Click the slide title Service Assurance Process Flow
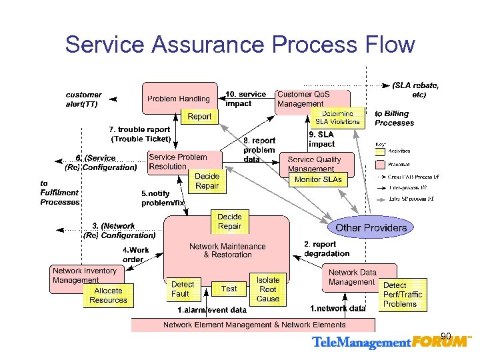(240, 45)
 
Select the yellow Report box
(199, 117)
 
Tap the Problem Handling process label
(178, 99)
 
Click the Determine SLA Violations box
(338, 117)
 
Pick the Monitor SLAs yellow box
(318, 179)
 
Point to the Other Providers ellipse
(371, 227)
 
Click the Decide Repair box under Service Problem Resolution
(207, 181)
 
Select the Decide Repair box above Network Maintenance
(229, 221)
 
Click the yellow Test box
(229, 289)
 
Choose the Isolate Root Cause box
(268, 289)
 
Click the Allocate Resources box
(108, 295)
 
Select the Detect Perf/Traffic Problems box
(403, 295)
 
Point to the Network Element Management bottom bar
(254, 325)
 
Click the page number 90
(446, 335)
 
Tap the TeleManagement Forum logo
(391, 343)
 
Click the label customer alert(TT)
(83, 99)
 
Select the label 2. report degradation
(327, 249)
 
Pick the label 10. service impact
(245, 99)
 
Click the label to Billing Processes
(394, 118)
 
